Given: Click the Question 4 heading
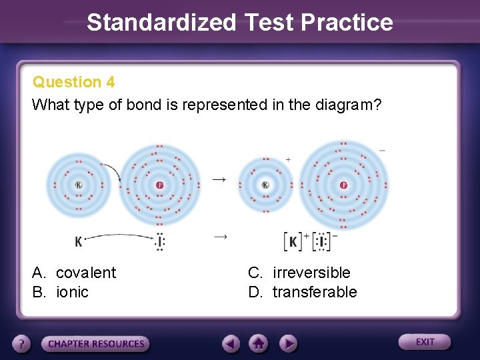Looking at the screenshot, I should coord(73,82).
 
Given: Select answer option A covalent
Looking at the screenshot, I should coord(74,273).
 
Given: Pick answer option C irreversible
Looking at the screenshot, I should coord(299,273).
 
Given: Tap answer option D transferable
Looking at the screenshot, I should coord(303,292).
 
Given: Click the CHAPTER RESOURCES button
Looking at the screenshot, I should coord(96,344).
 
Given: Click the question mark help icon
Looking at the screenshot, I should coord(22,344).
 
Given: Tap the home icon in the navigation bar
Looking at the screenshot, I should coord(259,343).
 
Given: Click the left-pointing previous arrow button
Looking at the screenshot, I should coord(231,343).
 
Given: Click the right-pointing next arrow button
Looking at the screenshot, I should coord(287,343).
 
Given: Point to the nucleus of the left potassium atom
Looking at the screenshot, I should coord(79,185).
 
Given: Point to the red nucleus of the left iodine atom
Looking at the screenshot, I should coord(159,185).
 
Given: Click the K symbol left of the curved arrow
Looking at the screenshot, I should coord(79,241).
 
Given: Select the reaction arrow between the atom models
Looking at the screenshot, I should coord(219,179).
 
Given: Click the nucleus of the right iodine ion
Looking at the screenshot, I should coord(343,185).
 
